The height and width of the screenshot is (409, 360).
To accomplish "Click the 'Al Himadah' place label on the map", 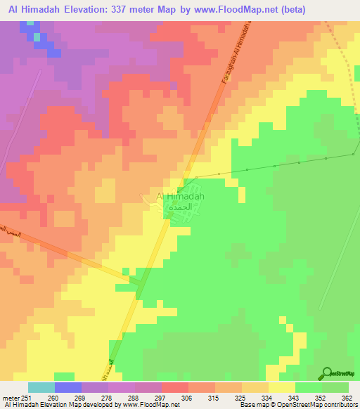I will point(180,196).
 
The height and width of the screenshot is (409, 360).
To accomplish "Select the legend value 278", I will point(108,397).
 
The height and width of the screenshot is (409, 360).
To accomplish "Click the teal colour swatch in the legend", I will point(41,387).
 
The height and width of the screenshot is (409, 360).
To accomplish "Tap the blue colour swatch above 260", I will point(68,387).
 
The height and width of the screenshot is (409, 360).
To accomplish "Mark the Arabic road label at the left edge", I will point(6,230).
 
